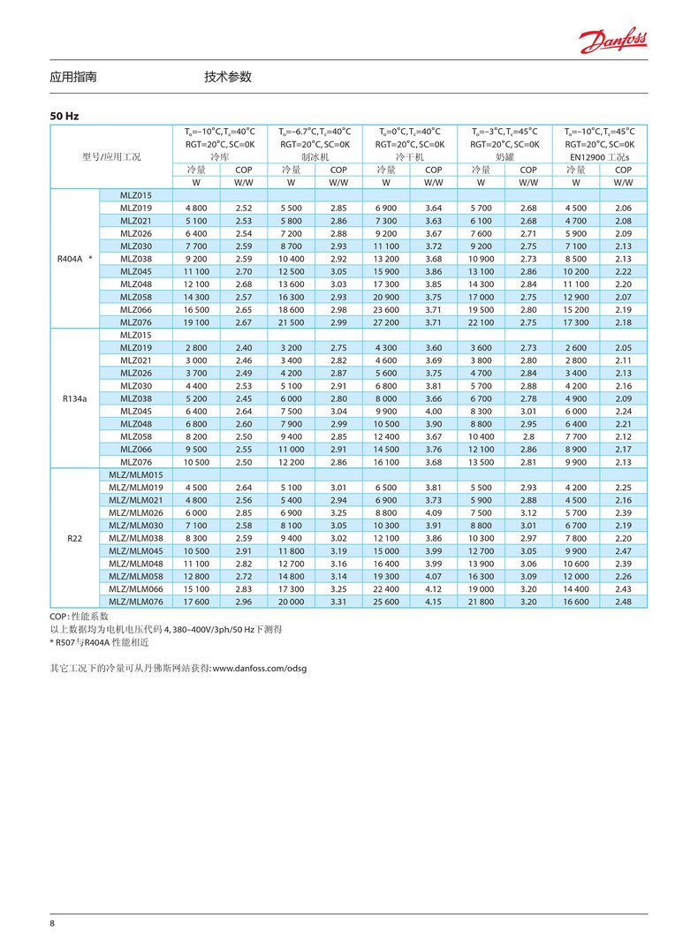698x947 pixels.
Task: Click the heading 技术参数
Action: [x=228, y=78]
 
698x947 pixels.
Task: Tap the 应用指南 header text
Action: [x=73, y=78]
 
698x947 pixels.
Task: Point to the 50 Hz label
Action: [x=64, y=116]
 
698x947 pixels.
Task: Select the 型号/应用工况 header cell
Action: [x=112, y=156]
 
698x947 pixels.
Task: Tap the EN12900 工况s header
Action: [x=599, y=156]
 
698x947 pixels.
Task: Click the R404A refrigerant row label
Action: [x=72, y=259]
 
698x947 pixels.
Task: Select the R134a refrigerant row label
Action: [x=73, y=398]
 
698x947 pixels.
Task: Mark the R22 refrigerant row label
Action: [x=73, y=538]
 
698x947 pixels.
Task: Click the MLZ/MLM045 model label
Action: [x=136, y=550]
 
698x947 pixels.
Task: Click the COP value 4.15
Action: [x=433, y=602]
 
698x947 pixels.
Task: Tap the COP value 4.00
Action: [x=433, y=411]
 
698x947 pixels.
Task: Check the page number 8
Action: [x=52, y=923]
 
